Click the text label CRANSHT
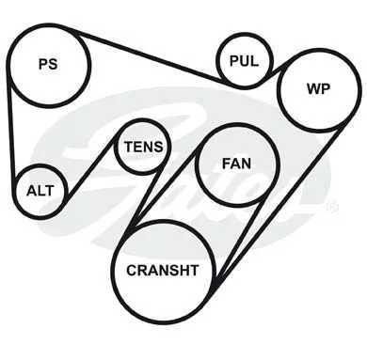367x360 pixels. pyautogui.click(x=163, y=270)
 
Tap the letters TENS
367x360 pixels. pyautogui.click(x=144, y=147)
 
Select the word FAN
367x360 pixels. pyautogui.click(x=236, y=164)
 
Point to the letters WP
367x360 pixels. pyautogui.click(x=318, y=89)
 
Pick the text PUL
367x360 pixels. pyautogui.click(x=244, y=61)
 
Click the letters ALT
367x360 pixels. pyautogui.click(x=40, y=191)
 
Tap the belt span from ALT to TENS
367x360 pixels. pyautogui.click(x=91, y=167)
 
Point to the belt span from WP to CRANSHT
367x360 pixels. pyautogui.click(x=279, y=205)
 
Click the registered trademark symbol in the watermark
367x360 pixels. pyautogui.click(x=332, y=208)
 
